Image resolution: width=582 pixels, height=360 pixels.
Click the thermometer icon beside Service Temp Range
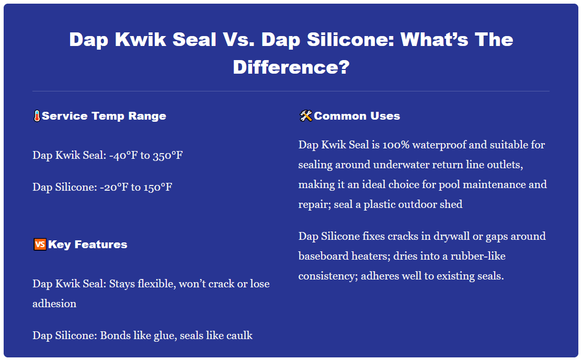tap(37, 116)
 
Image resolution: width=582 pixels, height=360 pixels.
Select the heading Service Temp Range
tap(104, 116)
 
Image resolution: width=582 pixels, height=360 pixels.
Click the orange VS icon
tap(39, 245)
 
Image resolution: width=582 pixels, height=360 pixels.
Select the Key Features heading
tap(87, 245)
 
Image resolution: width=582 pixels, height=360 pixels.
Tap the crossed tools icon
tap(305, 116)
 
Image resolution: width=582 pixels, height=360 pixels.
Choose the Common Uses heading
tap(357, 116)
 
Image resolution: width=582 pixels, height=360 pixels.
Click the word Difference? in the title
tap(291, 67)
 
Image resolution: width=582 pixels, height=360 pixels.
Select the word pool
tap(457, 184)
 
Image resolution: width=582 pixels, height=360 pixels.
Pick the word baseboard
tap(322, 256)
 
